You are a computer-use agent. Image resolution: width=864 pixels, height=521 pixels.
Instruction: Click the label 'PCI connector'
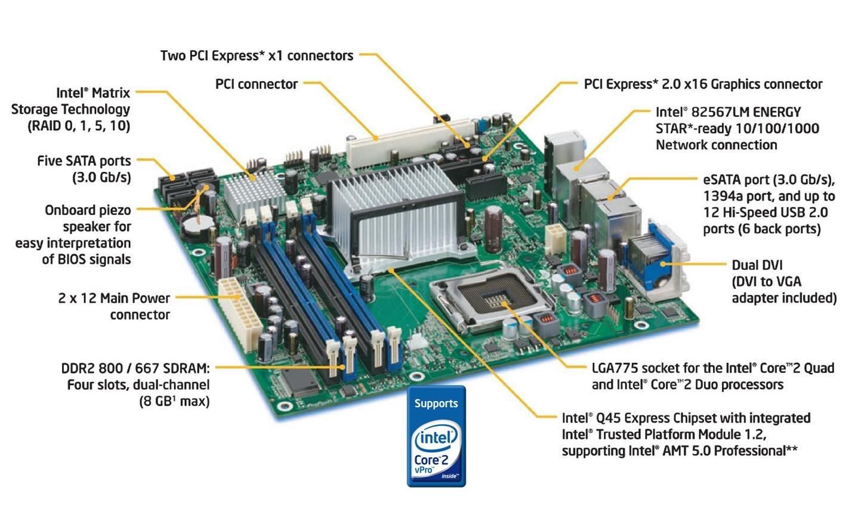coord(256,84)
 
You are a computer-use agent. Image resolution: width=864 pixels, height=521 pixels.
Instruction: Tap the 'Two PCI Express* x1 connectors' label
coord(257,56)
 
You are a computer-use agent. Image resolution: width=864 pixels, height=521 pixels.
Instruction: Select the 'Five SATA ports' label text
coord(84,161)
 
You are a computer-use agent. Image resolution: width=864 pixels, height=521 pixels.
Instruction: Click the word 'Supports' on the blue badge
coord(436,403)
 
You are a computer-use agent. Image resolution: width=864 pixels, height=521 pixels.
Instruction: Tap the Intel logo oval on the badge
coord(436,439)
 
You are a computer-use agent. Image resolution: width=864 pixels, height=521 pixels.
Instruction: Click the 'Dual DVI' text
coord(757,266)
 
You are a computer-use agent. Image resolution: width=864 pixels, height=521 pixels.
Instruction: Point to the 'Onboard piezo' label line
coord(88,211)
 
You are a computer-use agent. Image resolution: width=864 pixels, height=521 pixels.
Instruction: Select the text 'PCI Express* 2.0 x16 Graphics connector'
coord(703,85)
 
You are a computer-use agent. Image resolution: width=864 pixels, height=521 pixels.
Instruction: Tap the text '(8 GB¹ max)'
coord(174,401)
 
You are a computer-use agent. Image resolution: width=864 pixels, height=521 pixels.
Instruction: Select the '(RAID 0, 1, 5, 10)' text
coord(79,126)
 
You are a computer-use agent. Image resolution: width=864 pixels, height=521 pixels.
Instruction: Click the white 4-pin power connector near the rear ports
coord(554,238)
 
